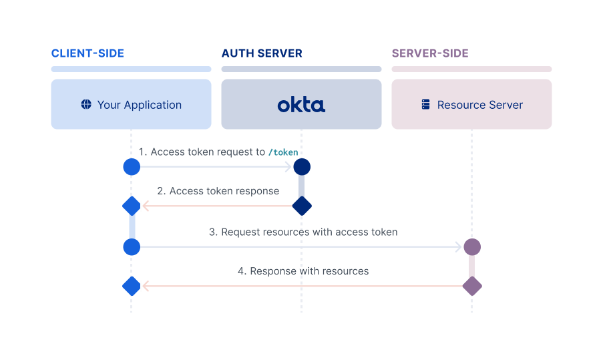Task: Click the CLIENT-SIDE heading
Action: (x=87, y=53)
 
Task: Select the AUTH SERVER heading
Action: (x=262, y=53)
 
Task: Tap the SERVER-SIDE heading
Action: (x=430, y=53)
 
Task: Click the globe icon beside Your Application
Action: (x=86, y=104)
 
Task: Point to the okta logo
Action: (x=301, y=104)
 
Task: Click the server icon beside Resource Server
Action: (x=425, y=105)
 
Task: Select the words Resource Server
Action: (x=480, y=105)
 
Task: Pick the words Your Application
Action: (x=140, y=105)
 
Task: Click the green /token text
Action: (x=283, y=152)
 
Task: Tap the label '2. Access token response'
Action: (x=218, y=191)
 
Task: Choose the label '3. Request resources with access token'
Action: (x=303, y=232)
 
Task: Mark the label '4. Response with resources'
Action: (x=303, y=271)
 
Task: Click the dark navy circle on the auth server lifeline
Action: (x=302, y=167)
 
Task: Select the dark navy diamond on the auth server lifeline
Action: (x=302, y=206)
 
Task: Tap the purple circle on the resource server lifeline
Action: (x=472, y=247)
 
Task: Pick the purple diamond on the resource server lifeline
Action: (x=472, y=287)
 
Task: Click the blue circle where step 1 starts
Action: (x=132, y=167)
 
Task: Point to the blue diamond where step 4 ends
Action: (x=132, y=287)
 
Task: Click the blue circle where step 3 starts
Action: (x=132, y=247)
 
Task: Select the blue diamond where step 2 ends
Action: (x=132, y=206)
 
